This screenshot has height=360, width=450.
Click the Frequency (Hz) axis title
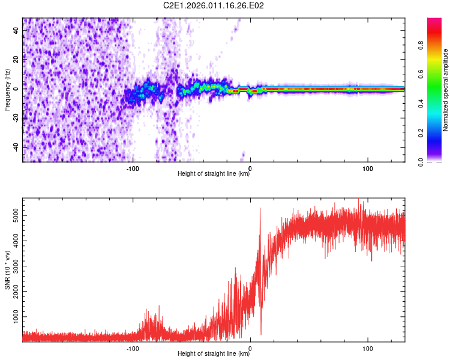point(7,89)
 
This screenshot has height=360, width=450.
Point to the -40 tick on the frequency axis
point(16,147)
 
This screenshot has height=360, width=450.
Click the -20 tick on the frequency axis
point(16,118)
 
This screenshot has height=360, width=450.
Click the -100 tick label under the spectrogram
point(133,168)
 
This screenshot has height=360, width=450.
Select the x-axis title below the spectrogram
point(214,174)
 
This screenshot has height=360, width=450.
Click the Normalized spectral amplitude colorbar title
point(445,90)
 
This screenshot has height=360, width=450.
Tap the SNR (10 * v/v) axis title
point(7,269)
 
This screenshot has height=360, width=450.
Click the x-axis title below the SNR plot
point(214,354)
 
